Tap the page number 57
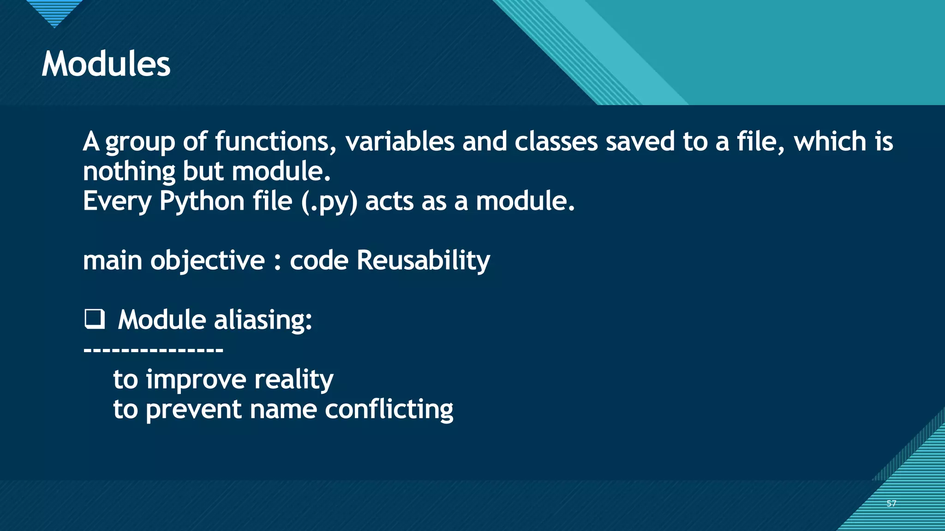tap(891, 503)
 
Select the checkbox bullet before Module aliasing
tap(95, 319)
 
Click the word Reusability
tap(423, 260)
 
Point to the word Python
tap(202, 201)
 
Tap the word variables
tap(400, 141)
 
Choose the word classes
tap(556, 141)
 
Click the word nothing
tap(129, 171)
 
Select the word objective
tap(208, 260)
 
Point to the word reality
tap(293, 380)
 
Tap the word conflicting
tap(389, 409)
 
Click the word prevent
tap(193, 409)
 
